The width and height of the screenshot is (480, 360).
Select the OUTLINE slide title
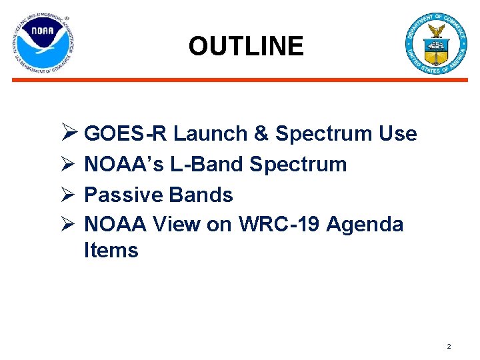coord(245,46)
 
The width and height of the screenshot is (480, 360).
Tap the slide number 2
coord(449,347)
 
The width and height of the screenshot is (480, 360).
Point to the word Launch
coord(210,134)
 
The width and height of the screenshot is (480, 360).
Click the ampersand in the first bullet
coord(261,134)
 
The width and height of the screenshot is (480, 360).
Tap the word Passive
coord(124,195)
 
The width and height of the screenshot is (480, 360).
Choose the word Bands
coord(201,195)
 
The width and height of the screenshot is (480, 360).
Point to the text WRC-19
coord(277,225)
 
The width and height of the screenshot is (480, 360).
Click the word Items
coord(111,251)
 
